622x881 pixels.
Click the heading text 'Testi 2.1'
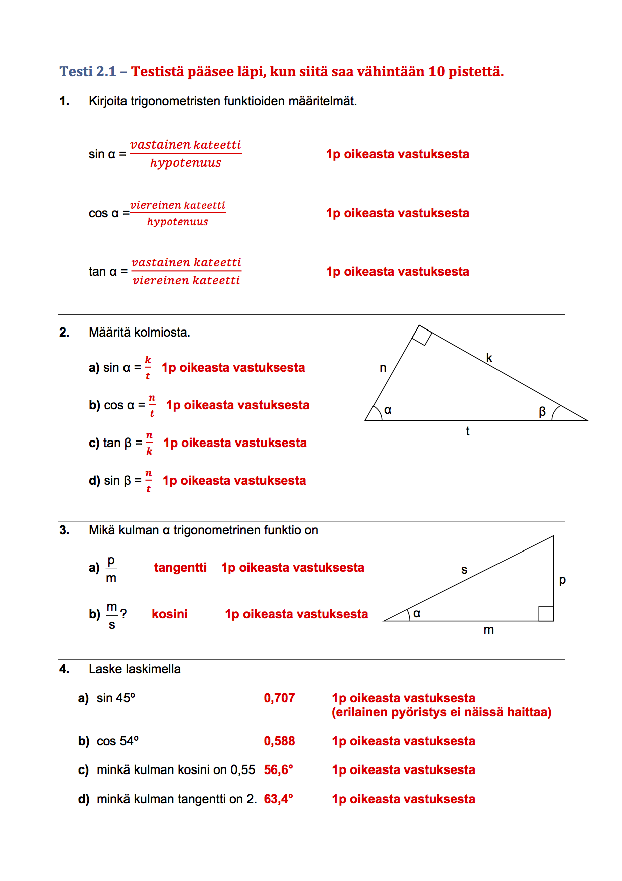[88, 72]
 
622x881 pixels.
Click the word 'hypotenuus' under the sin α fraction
[186, 163]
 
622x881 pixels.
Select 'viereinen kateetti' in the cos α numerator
[178, 205]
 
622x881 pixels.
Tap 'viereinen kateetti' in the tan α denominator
[186, 280]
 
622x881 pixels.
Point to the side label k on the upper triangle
[489, 358]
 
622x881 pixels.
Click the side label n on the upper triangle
[383, 368]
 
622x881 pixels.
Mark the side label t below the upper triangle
[468, 431]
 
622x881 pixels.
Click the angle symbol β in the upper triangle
[542, 412]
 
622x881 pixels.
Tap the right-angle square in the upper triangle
[422, 336]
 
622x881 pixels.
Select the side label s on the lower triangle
[464, 570]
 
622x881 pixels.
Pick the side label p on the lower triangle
[562, 580]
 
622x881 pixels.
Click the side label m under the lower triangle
[488, 630]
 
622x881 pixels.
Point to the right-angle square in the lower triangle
[546, 613]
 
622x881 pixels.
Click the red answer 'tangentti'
[180, 568]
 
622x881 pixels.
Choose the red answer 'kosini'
[170, 614]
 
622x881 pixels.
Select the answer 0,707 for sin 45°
[279, 698]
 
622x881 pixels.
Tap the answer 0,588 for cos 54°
[279, 741]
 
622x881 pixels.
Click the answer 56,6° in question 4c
[278, 770]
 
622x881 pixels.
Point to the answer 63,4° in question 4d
[278, 799]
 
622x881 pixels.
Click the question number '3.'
[64, 530]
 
